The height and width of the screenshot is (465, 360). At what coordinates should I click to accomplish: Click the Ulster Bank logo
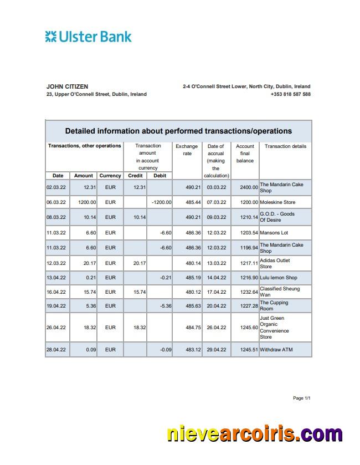coord(89,37)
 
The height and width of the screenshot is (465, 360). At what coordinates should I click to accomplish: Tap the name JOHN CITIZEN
coord(67,86)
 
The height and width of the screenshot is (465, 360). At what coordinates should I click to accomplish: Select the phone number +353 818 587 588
coord(290,94)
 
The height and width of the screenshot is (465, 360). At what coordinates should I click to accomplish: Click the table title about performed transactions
coord(178,131)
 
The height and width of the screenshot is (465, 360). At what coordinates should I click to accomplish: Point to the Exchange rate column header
coord(187,150)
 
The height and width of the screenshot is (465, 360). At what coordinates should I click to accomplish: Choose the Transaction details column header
coord(285,146)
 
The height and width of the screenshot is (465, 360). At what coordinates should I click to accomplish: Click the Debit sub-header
coord(160,176)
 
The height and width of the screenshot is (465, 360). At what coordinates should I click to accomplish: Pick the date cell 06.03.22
coord(56,202)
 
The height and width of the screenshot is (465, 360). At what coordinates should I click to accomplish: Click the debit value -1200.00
coord(161,202)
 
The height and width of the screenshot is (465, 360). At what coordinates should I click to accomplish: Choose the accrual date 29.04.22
coord(217,350)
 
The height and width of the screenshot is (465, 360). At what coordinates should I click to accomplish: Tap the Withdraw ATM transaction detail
coord(276,350)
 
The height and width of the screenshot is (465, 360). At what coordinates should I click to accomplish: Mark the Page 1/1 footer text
coord(301,398)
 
